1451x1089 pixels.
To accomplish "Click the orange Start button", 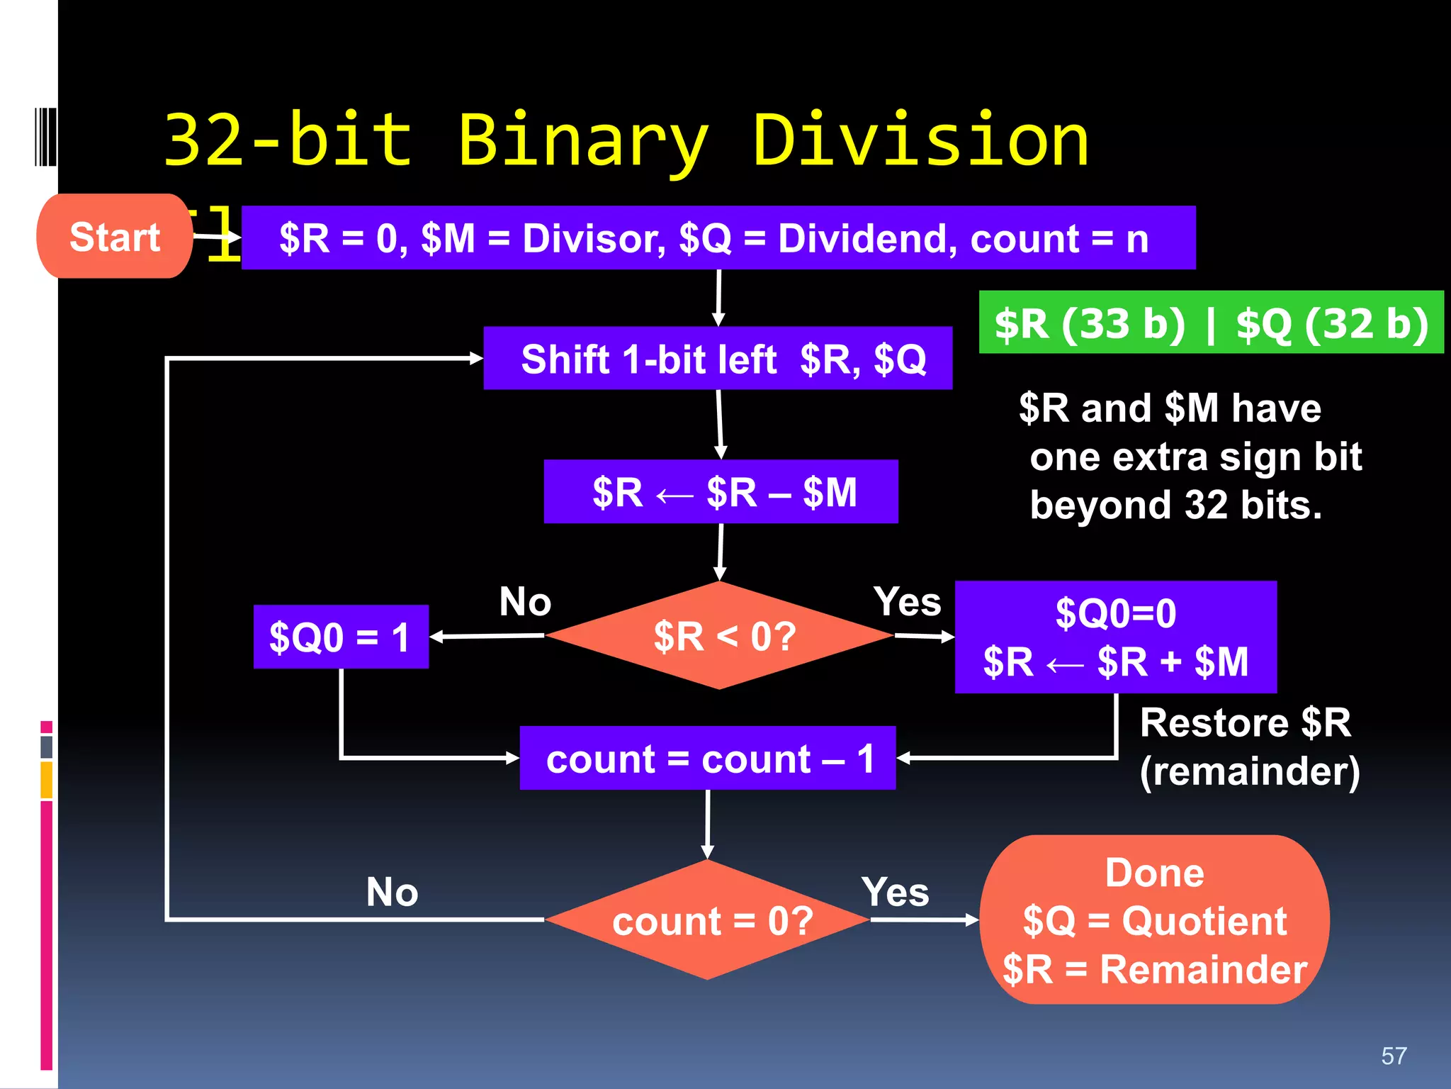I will point(114,236).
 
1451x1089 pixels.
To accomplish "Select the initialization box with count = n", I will point(718,238).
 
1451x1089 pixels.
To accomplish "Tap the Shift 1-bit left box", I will point(718,358).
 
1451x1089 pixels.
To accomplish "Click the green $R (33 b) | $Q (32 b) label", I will point(1211,323).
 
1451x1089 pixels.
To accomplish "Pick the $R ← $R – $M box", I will point(721,491).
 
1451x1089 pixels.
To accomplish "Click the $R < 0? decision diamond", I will point(720,636).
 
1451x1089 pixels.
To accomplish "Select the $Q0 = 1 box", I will point(341,637).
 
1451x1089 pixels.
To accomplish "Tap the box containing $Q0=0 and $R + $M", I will point(1115,637).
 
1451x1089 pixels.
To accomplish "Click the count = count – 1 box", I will point(707,759).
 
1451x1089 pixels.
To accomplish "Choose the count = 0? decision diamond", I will point(708,920).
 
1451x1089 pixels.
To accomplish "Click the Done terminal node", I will point(1154,920).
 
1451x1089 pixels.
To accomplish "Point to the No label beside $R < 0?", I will point(525,602).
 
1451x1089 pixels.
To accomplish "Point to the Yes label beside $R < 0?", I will point(907,602).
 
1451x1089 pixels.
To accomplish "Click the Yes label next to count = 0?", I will point(895,892).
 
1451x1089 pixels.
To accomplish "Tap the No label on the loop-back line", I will point(392,892).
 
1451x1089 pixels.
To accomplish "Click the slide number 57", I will point(1394,1056).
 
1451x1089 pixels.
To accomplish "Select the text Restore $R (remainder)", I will point(1248,747).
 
